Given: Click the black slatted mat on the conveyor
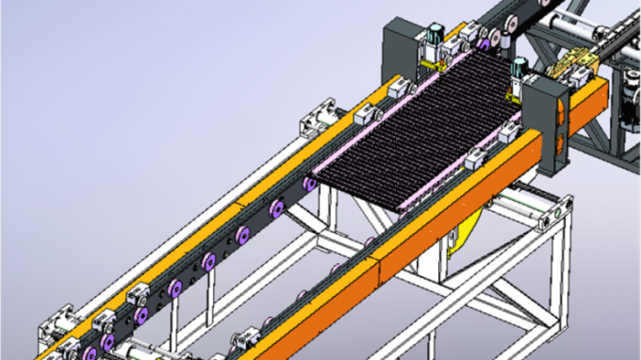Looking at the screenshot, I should pyautogui.click(x=424, y=132).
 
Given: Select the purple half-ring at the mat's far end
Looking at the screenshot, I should pyautogui.click(x=484, y=42).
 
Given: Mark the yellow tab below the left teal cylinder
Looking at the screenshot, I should pyautogui.click(x=434, y=67).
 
